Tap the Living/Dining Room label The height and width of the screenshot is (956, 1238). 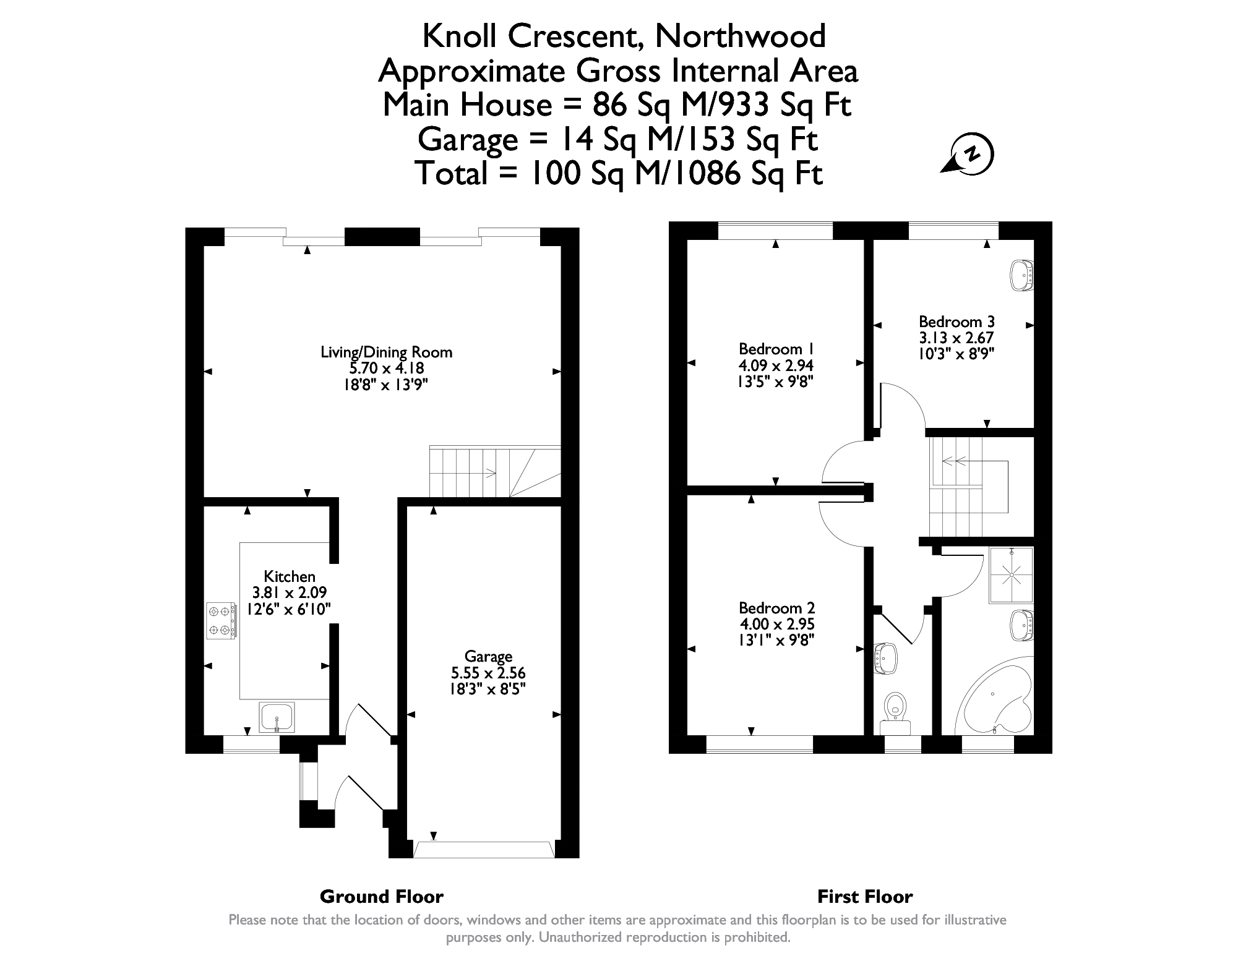coord(386,352)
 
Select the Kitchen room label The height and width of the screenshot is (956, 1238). coord(290,576)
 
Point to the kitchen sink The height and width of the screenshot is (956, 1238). coord(277,717)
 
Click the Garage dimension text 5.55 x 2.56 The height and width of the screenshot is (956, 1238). coord(488,673)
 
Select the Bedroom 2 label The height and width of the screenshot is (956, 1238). coord(776,608)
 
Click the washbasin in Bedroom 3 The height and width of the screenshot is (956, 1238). coord(1022,275)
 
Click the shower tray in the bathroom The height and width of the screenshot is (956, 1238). coord(1012,574)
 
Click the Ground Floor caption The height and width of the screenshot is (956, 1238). coord(381,896)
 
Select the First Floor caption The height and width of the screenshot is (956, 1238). coord(864,896)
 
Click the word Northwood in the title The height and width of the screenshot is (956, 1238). coord(740,36)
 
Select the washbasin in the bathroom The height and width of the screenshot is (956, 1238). coord(1022,625)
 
